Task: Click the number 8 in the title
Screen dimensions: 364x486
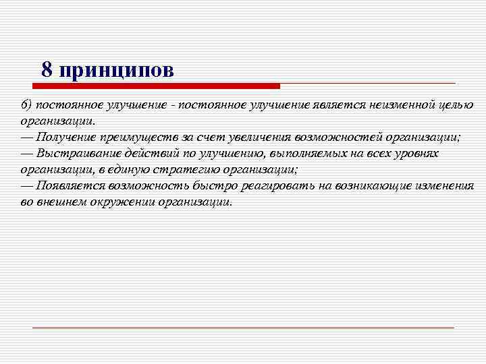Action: click(x=47, y=69)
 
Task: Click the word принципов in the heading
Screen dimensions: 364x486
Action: click(x=116, y=70)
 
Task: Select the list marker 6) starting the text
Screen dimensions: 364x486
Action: click(x=26, y=104)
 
